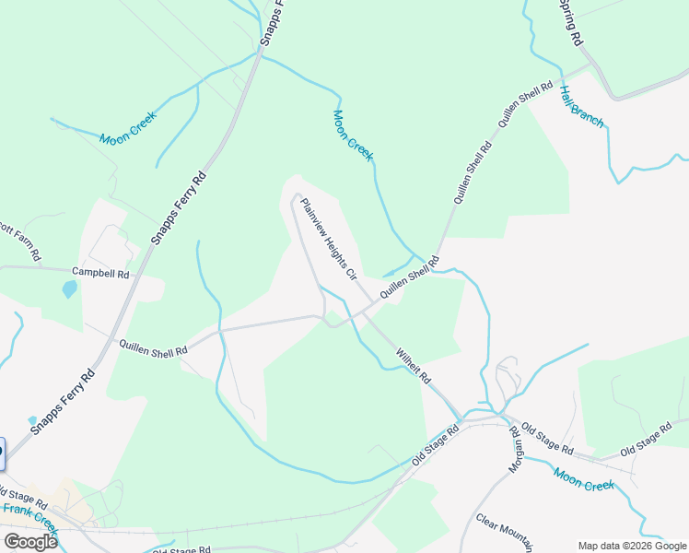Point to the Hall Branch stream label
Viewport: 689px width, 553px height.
click(581, 106)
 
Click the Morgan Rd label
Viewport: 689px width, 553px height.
click(516, 451)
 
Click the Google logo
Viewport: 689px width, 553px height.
click(29, 542)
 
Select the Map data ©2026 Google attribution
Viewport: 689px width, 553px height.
click(633, 546)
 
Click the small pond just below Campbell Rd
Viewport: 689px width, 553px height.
click(70, 289)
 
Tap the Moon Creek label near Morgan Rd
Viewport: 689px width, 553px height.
click(583, 478)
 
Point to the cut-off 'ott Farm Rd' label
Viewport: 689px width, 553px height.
click(20, 240)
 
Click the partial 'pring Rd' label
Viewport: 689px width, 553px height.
click(571, 23)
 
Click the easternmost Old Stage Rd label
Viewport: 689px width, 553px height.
click(646, 441)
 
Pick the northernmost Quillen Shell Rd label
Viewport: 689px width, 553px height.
click(525, 103)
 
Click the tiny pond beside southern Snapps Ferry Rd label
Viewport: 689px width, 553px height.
click(33, 420)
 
